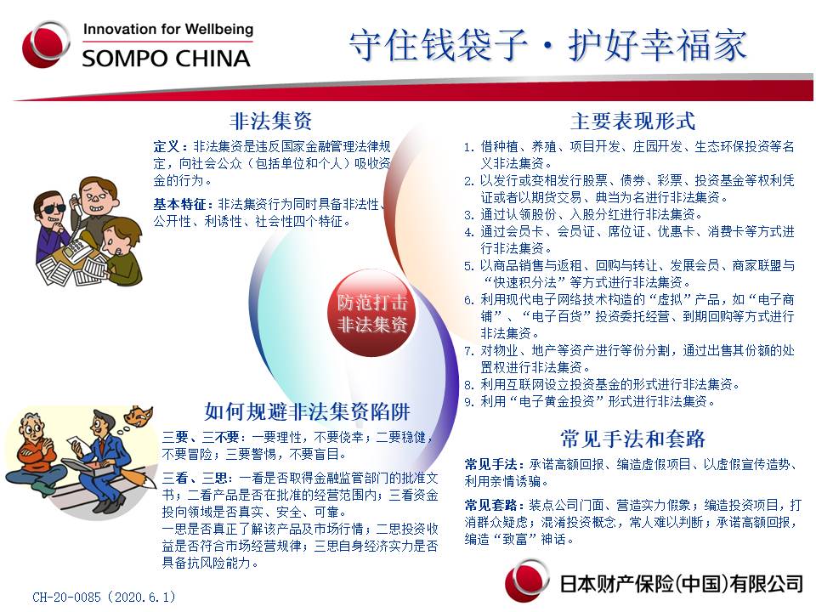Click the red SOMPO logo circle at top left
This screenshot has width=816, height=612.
tap(46, 45)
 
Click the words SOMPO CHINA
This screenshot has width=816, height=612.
tap(166, 59)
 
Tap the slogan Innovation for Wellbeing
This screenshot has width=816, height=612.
tap(168, 29)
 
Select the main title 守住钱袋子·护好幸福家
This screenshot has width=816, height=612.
tap(548, 45)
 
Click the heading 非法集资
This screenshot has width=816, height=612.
tap(270, 121)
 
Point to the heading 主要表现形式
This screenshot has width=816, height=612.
tap(632, 121)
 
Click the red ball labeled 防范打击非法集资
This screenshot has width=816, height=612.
tap(371, 313)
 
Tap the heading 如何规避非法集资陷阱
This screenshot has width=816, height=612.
tap(307, 411)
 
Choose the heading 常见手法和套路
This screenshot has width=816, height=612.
tap(632, 439)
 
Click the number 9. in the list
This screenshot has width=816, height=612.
tap(469, 402)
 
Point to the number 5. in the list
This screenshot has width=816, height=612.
tap(469, 266)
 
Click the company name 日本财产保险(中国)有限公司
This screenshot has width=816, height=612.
tap(681, 584)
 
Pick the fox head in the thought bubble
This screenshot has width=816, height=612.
tap(139, 416)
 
